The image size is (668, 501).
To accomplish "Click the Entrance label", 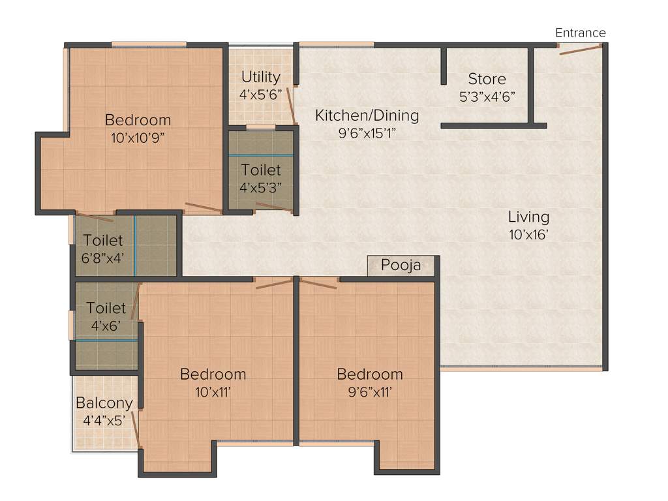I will coord(580,33).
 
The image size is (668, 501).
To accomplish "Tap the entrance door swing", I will coord(580,50).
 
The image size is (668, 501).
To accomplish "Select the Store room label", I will coord(487,79).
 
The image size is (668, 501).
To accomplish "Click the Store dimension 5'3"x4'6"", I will coord(487,95).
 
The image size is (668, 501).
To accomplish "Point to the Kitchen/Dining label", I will coord(367,115).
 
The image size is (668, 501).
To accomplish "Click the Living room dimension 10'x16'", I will coord(529,233).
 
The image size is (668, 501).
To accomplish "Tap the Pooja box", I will coord(401,266).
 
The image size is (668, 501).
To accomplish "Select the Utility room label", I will coord(260,77).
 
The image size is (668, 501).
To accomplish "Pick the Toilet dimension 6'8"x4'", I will coord(102,258).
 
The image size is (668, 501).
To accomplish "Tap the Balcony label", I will coord(104,403).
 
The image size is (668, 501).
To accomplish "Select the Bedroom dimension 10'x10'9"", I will coord(138,137).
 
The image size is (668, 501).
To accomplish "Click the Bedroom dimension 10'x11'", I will coord(213,391).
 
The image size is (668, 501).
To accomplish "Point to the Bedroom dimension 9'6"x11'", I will coord(369,391).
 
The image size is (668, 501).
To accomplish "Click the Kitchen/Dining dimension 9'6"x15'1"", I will coord(367,132).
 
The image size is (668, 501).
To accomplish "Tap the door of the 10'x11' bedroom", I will coord(273,283).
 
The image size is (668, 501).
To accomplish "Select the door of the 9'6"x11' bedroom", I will coord(318,283).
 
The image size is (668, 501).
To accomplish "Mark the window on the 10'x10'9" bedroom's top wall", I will coord(149,44).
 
